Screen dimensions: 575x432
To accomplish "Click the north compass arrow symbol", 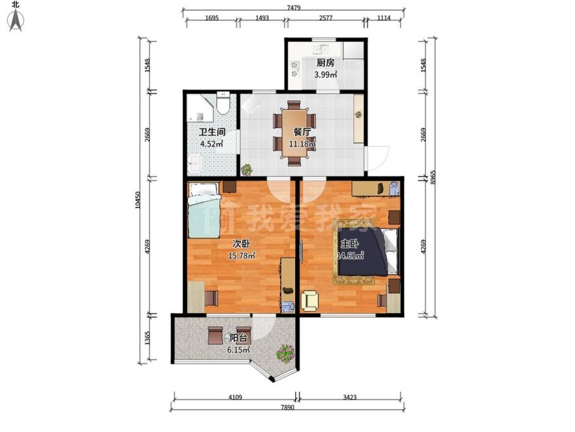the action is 16,21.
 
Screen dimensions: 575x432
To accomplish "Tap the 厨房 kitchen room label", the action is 326,63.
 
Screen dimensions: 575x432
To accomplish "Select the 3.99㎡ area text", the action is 326,74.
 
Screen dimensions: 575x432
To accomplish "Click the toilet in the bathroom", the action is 223,102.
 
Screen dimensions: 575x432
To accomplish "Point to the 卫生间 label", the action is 212,132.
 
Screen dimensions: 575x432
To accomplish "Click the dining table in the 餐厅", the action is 294,133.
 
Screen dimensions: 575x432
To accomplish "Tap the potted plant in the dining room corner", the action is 247,169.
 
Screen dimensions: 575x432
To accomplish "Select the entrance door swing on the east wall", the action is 377,158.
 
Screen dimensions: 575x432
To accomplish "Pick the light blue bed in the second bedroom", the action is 204,211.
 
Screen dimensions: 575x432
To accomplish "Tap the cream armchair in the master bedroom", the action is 311,300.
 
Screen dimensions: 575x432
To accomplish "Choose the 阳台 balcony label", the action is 239,338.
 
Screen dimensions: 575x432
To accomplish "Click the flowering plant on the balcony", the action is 286,353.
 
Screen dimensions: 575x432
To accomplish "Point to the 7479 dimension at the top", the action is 294,8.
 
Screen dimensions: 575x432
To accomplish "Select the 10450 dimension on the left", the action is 138,200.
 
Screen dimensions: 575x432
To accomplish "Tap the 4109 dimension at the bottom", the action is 235,397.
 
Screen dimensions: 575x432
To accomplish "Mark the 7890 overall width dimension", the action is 288,407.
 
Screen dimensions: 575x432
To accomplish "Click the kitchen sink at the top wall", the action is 320,49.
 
